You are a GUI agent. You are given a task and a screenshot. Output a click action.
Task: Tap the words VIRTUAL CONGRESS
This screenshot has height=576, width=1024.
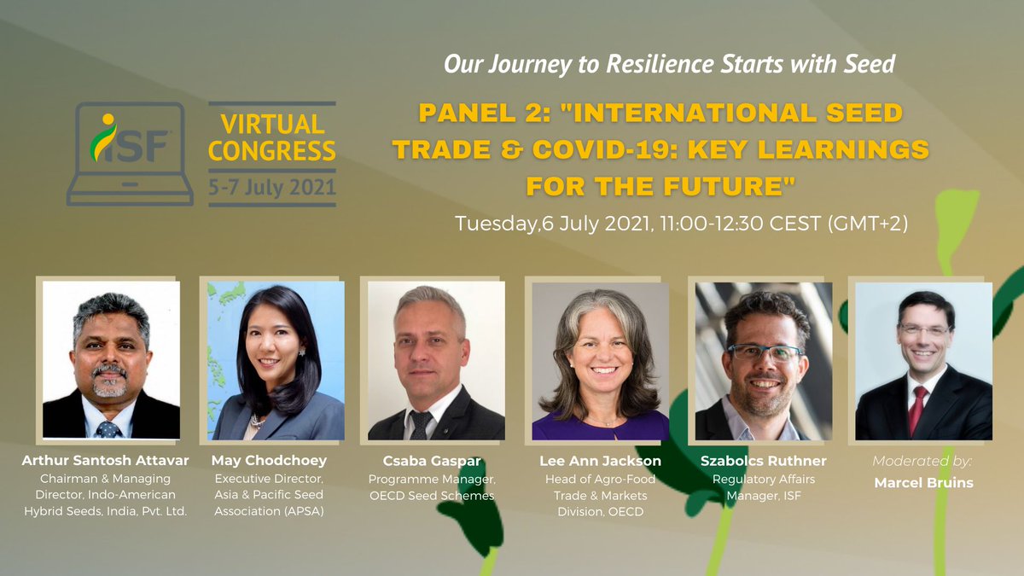pyautogui.click(x=272, y=138)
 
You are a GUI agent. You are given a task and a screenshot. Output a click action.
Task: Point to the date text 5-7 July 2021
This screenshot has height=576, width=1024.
pyautogui.click(x=272, y=186)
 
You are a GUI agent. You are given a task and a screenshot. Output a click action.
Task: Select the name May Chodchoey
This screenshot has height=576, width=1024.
pyautogui.click(x=269, y=461)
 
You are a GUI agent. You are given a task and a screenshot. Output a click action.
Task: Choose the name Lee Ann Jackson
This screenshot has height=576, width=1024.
pyautogui.click(x=600, y=461)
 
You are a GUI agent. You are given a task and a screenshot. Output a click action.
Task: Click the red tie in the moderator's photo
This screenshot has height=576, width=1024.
pyautogui.click(x=916, y=410)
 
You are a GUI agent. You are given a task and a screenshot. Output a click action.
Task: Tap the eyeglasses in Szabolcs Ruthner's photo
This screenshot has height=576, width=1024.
pyautogui.click(x=765, y=351)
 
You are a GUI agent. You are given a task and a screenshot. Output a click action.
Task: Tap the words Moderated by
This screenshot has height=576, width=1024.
pyautogui.click(x=922, y=461)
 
